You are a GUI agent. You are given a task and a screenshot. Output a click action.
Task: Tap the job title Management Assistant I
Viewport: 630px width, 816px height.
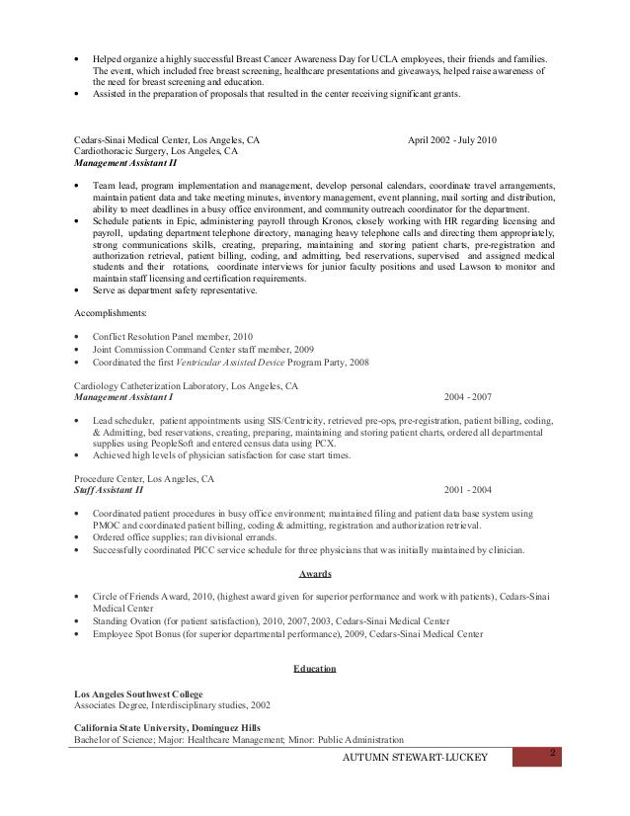coord(123,396)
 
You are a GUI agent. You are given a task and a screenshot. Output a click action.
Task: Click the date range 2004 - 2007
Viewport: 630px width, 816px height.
coord(467,396)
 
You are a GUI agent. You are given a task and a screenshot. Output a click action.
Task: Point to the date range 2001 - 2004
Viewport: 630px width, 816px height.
coord(468,489)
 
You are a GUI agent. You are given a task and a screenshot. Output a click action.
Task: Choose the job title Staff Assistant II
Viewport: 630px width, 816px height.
coord(109,489)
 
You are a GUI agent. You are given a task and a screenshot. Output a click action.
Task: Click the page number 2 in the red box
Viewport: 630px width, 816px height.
coord(553,755)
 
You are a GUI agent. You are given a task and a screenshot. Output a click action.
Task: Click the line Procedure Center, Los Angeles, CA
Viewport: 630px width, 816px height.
coord(144,477)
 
